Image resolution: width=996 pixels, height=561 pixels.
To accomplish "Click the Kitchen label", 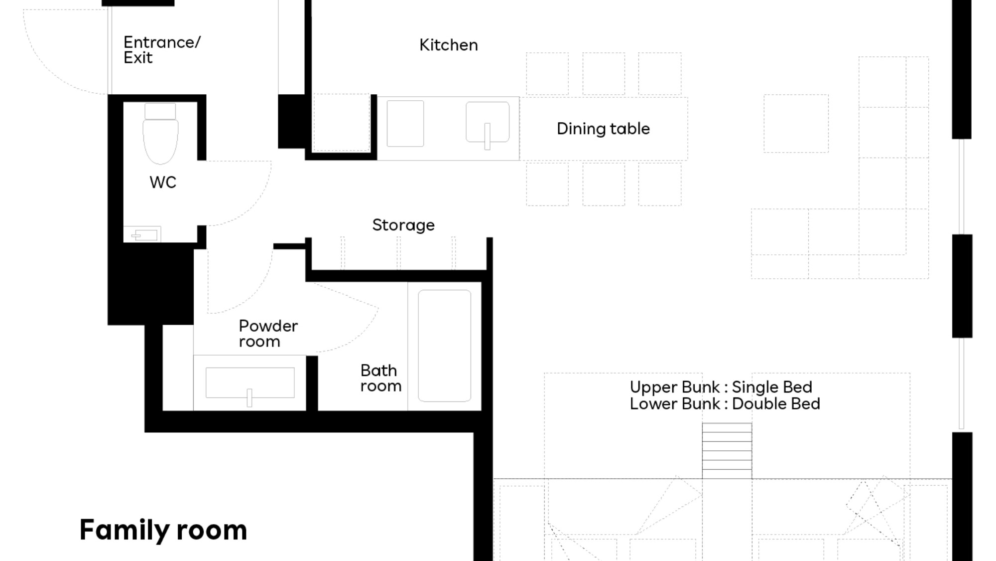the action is pyautogui.click(x=448, y=45).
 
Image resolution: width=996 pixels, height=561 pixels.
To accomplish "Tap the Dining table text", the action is pyautogui.click(x=603, y=129).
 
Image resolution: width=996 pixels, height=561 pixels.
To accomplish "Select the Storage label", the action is pyautogui.click(x=403, y=225).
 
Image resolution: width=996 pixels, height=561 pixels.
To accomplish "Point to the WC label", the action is pyautogui.click(x=163, y=183).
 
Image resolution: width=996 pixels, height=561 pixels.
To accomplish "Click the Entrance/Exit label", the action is pyautogui.click(x=162, y=50).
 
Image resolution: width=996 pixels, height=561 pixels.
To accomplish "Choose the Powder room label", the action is pyautogui.click(x=268, y=334).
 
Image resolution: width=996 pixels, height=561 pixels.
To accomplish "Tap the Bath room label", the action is pyautogui.click(x=380, y=378).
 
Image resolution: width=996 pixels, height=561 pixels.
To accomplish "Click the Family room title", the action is pyautogui.click(x=163, y=530).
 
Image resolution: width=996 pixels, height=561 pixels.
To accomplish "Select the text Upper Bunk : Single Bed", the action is pyautogui.click(x=721, y=387).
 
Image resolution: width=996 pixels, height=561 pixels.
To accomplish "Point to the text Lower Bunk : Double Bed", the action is pyautogui.click(x=725, y=403).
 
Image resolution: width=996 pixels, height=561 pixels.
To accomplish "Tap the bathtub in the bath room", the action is pyautogui.click(x=444, y=346).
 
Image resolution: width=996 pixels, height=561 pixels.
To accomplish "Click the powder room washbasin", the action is pyautogui.click(x=250, y=384).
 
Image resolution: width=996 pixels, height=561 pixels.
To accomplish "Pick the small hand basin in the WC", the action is pyautogui.click(x=142, y=234).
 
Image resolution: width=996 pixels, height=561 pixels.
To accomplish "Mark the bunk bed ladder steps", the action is pyautogui.click(x=727, y=451).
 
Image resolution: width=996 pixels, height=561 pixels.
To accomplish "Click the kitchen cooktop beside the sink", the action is pyautogui.click(x=405, y=124).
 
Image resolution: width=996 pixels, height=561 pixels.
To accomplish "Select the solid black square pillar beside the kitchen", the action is pyautogui.click(x=291, y=121).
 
